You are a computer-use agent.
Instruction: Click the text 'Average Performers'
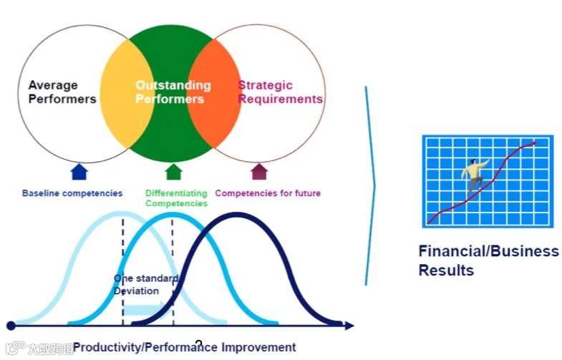(x=62, y=92)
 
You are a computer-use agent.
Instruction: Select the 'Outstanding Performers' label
(x=172, y=92)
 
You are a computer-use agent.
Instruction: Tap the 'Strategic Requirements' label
(x=280, y=92)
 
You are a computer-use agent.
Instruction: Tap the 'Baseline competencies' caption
(x=72, y=193)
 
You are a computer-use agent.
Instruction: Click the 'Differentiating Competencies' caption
(x=176, y=198)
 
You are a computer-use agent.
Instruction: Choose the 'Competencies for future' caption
(x=268, y=193)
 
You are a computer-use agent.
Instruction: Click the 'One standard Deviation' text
(x=145, y=284)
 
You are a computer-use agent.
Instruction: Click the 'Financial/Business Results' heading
(x=488, y=261)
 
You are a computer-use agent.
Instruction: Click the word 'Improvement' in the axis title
(x=258, y=347)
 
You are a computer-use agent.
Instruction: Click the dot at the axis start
(x=11, y=326)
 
